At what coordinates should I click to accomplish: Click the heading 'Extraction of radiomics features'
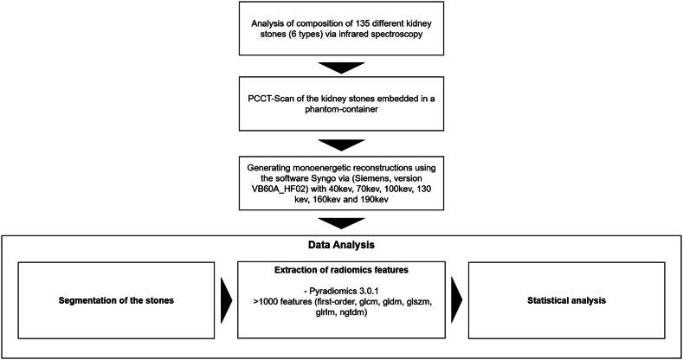click(340, 269)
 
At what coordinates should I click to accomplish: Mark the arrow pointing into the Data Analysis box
click(341, 222)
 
